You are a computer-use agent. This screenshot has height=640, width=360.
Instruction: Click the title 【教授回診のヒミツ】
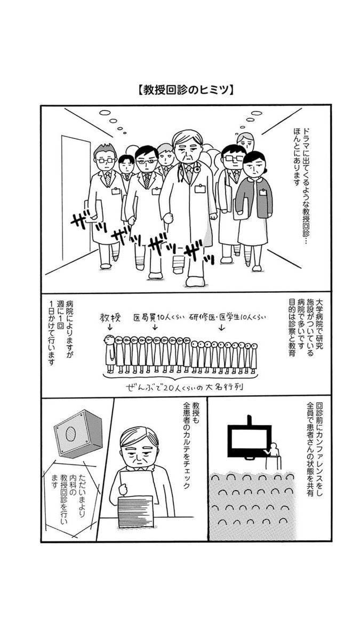[186, 90]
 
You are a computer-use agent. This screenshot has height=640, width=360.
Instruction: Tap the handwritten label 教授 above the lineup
[110, 318]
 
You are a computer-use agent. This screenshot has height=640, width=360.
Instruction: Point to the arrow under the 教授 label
[110, 327]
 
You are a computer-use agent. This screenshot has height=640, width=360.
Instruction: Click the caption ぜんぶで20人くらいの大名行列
[185, 387]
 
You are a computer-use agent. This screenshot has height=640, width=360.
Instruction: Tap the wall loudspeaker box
[78, 434]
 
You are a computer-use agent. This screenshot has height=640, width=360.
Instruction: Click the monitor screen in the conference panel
[249, 441]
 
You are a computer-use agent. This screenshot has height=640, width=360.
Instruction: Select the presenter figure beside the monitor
[274, 455]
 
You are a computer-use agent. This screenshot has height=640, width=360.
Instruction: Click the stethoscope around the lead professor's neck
[183, 171]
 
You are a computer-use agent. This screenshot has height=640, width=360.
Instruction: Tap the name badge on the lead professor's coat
[201, 189]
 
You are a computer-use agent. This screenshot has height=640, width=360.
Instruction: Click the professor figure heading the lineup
[110, 354]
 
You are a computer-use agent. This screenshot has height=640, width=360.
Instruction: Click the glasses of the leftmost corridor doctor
[105, 161]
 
